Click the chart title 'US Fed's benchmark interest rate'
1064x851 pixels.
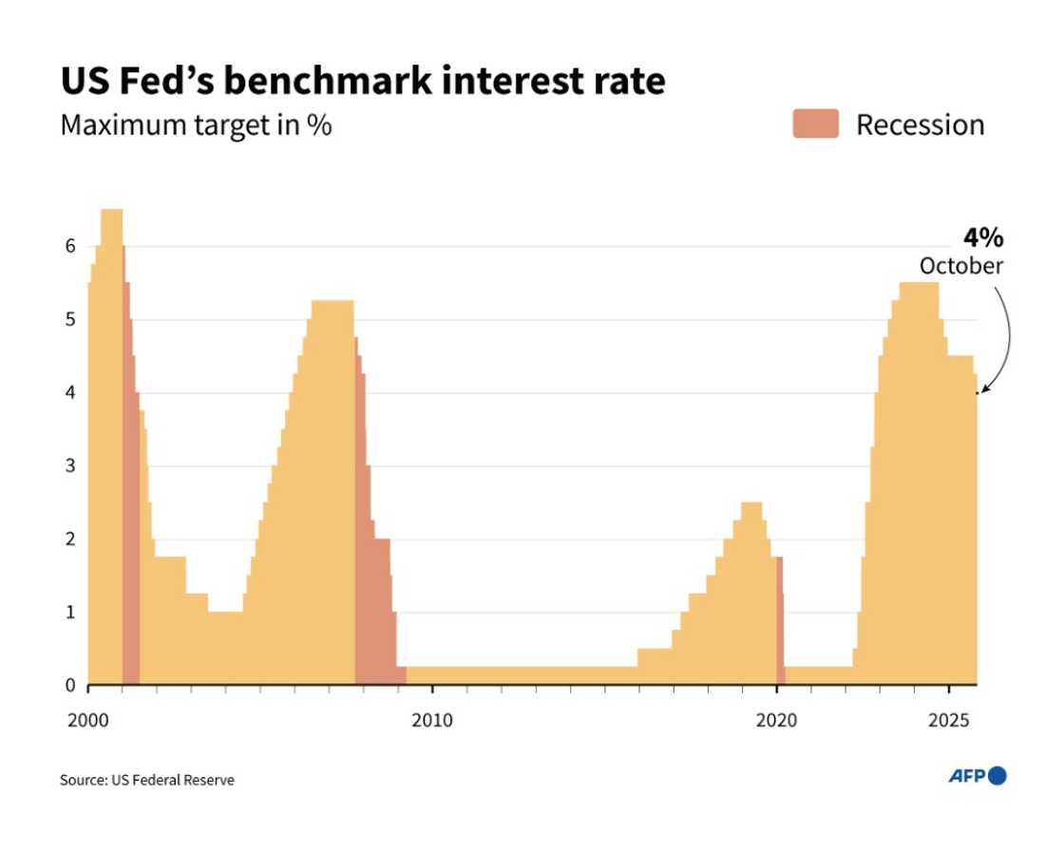(x=362, y=82)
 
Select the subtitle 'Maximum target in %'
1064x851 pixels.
(x=196, y=125)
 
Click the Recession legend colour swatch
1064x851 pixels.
(x=815, y=124)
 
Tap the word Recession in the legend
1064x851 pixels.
(x=920, y=125)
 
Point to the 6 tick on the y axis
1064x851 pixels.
(x=68, y=246)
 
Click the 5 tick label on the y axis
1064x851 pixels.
(x=68, y=319)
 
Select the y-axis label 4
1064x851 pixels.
(x=68, y=392)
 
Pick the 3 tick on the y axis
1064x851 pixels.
(x=68, y=465)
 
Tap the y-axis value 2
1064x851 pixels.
(x=68, y=539)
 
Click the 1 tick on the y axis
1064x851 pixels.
(x=68, y=612)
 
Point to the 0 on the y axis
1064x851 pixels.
(x=68, y=685)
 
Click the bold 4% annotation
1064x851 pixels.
(x=982, y=238)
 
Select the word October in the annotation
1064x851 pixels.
(x=960, y=266)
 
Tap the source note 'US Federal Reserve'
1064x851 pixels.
(x=146, y=780)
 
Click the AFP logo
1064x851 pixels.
(x=977, y=776)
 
